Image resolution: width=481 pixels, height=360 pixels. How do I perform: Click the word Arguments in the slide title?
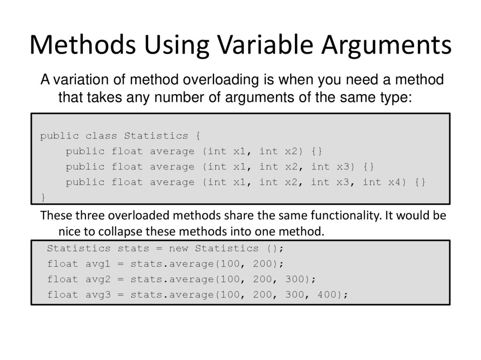tap(387, 46)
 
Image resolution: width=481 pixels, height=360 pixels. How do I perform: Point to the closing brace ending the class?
tap(43, 196)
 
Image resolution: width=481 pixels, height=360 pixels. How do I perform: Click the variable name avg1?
tap(98, 264)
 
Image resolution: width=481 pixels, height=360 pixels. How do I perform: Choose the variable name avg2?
tap(98, 279)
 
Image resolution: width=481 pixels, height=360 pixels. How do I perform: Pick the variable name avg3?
tap(98, 295)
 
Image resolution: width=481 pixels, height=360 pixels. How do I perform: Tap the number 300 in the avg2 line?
tap(295, 279)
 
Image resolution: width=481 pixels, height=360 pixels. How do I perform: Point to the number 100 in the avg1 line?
tap(231, 264)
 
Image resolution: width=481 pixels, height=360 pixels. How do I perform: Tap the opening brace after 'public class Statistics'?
tap(196, 136)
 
